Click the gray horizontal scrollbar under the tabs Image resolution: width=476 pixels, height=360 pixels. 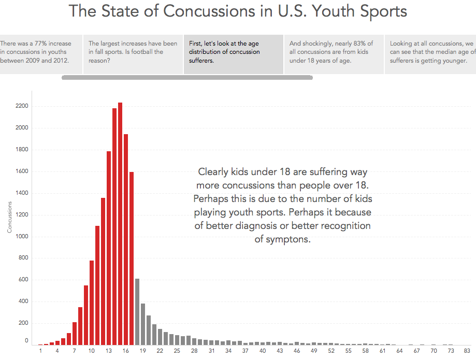coord(187,78)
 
